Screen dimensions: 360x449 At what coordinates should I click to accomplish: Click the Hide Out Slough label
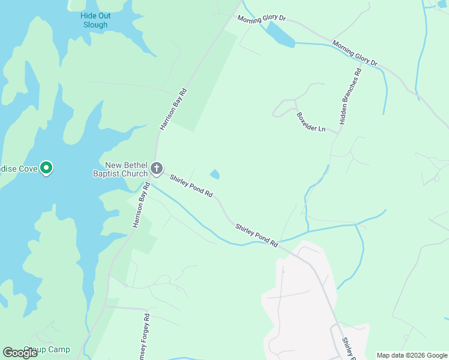(x=94, y=20)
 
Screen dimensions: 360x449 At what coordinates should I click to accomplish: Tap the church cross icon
(x=157, y=168)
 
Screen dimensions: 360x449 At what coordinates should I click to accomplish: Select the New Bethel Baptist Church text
(x=126, y=170)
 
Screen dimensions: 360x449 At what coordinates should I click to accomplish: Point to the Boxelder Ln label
(x=310, y=122)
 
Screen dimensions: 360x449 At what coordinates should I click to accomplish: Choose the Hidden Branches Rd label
(x=351, y=96)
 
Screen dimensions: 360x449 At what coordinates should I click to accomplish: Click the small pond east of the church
(x=215, y=175)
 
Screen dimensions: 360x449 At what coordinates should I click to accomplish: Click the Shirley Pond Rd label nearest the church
(x=191, y=186)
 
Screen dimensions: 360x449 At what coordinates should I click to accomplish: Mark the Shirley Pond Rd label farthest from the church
(x=257, y=236)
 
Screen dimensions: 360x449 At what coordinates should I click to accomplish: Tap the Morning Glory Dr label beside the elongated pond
(x=261, y=19)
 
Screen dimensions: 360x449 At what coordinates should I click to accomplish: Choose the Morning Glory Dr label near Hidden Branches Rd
(x=355, y=53)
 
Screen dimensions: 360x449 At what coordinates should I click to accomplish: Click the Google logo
(x=20, y=352)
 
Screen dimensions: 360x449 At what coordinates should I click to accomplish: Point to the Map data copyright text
(x=412, y=355)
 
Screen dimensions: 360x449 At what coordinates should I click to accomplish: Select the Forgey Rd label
(x=146, y=337)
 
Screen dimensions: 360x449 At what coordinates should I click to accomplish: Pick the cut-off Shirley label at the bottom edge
(x=347, y=349)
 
